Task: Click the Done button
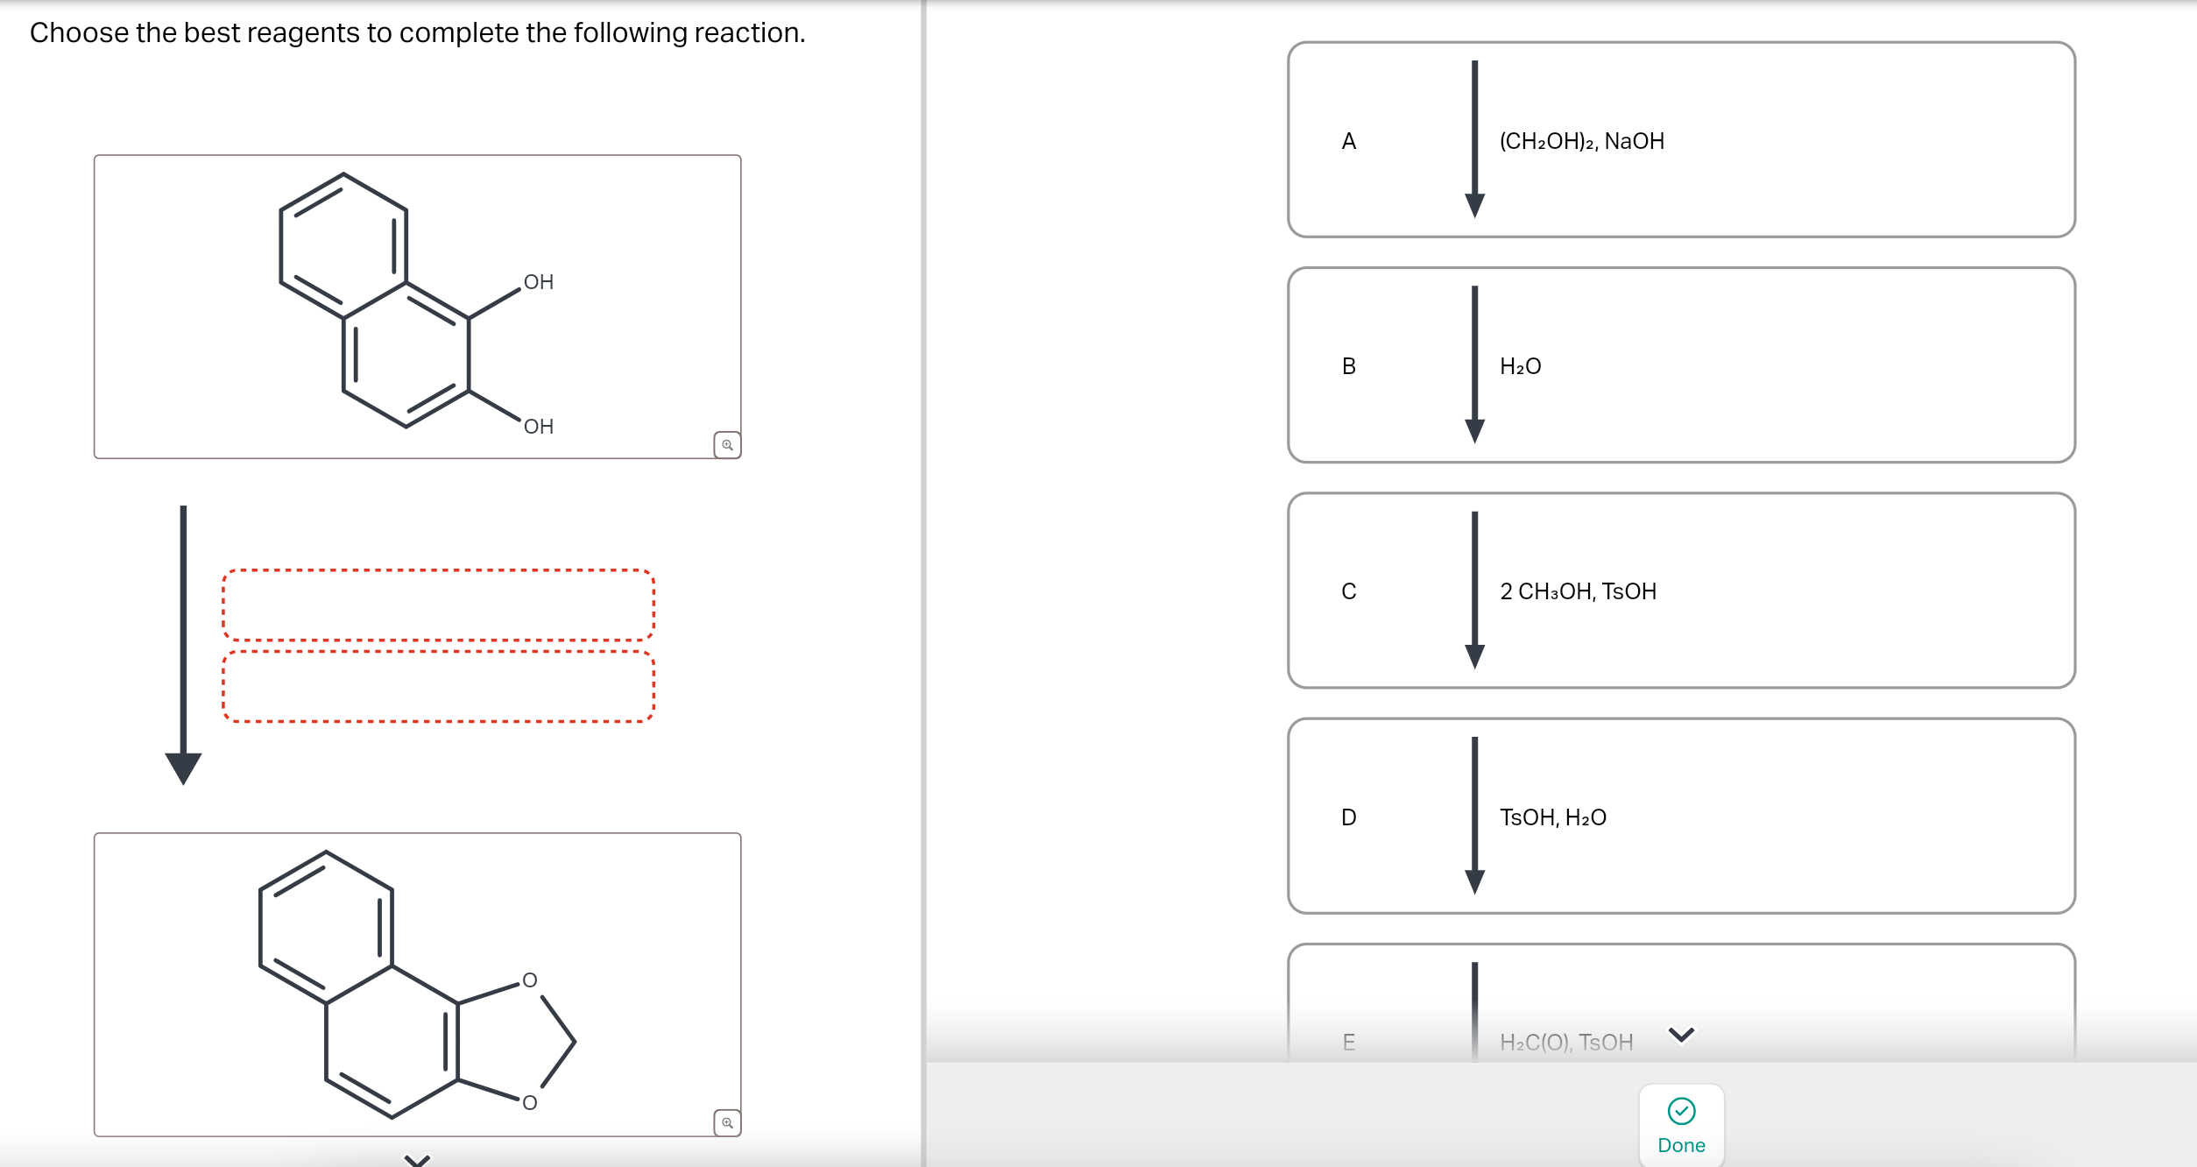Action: pos(1680,1126)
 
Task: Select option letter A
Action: pos(1348,141)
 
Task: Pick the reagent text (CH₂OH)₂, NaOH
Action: pos(1581,141)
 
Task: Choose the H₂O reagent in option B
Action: pos(1520,366)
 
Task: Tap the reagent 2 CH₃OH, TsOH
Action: pos(1578,591)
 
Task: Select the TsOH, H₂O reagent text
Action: pos(1552,817)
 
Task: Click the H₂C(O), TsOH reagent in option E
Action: pos(1566,1042)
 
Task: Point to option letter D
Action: pos(1348,817)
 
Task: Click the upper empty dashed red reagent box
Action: pos(438,605)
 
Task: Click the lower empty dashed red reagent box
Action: pos(438,686)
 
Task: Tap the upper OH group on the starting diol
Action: pos(538,282)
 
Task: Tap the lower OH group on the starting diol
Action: pos(538,427)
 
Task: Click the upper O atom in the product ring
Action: pos(529,980)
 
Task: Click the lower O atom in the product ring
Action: pos(529,1102)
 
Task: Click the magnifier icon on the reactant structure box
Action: pos(727,445)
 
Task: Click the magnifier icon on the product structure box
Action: pos(727,1122)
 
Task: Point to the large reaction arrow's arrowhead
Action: pos(183,767)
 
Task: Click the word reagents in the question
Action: pos(303,33)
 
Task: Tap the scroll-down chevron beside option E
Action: pos(1681,1035)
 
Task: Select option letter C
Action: pos(1348,591)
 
